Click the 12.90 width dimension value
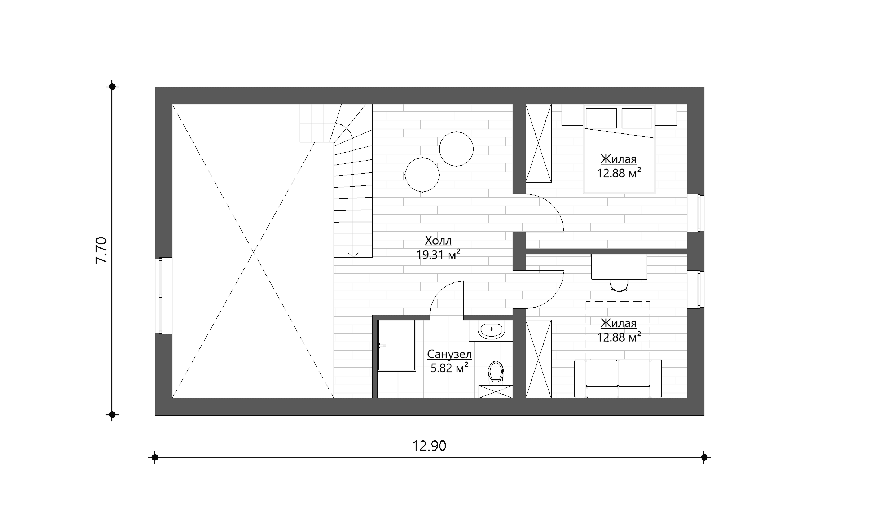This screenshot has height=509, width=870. click(429, 446)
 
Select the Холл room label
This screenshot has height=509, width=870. click(438, 240)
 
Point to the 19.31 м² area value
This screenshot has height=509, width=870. click(438, 255)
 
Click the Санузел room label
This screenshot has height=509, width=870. click(449, 354)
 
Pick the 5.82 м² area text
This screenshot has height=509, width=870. click(449, 368)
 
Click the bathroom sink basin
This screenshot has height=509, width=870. click(491, 330)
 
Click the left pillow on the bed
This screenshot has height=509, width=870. click(601, 118)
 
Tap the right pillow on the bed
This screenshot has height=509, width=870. click(637, 118)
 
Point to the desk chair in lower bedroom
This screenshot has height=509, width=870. click(619, 285)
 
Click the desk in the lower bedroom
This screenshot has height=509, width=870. click(619, 267)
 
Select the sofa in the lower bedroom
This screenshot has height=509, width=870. click(618, 378)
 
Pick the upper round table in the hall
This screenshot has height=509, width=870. click(456, 149)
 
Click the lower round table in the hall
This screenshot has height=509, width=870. click(422, 175)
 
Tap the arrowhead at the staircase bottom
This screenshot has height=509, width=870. click(353, 255)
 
